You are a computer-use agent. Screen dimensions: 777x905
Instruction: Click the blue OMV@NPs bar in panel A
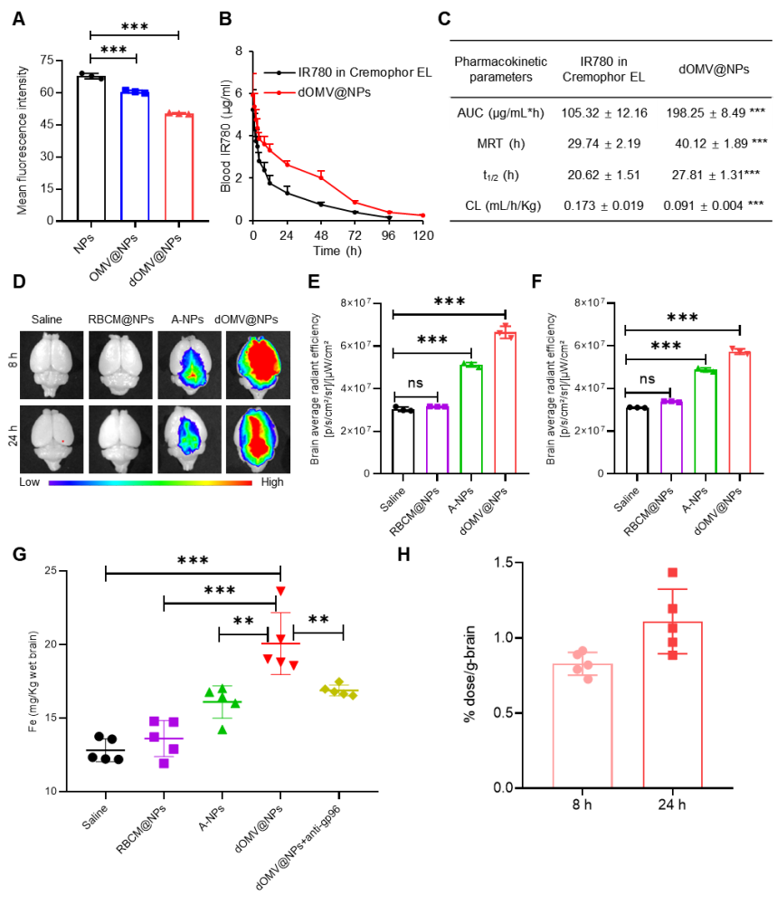pyautogui.click(x=135, y=156)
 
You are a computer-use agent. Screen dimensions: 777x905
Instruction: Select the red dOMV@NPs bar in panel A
pyautogui.click(x=179, y=167)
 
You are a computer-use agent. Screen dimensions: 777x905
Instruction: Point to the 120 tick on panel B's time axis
pyautogui.click(x=422, y=235)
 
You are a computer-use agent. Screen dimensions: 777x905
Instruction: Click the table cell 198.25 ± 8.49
pyautogui.click(x=706, y=113)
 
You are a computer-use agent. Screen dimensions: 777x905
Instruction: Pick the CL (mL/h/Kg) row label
pyautogui.click(x=503, y=206)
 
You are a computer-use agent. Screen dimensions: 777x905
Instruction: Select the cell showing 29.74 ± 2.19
pyautogui.click(x=603, y=144)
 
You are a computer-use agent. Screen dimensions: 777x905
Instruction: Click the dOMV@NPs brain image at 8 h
pyautogui.click(x=258, y=365)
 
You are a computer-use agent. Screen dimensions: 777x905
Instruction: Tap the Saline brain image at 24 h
pyautogui.click(x=52, y=439)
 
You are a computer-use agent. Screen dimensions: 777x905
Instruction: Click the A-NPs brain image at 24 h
pyautogui.click(x=189, y=439)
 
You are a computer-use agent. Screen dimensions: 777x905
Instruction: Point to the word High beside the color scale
pyautogui.click(x=271, y=482)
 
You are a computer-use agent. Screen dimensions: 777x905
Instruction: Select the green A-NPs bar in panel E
pyautogui.click(x=471, y=419)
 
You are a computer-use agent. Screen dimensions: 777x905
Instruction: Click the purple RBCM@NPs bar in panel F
pyautogui.click(x=671, y=437)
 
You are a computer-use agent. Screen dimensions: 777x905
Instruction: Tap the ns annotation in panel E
pyautogui.click(x=415, y=383)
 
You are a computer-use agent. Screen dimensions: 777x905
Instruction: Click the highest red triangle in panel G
pyautogui.click(x=281, y=591)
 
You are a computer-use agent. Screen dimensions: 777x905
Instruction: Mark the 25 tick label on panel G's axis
pyautogui.click(x=51, y=571)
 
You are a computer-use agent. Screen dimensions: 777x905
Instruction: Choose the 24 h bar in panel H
pyautogui.click(x=672, y=705)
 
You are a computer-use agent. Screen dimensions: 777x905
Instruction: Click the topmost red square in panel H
pyautogui.click(x=673, y=573)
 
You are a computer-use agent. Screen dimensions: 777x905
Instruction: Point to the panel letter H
pyautogui.click(x=403, y=554)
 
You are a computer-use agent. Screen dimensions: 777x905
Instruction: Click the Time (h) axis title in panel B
pyautogui.click(x=336, y=251)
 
